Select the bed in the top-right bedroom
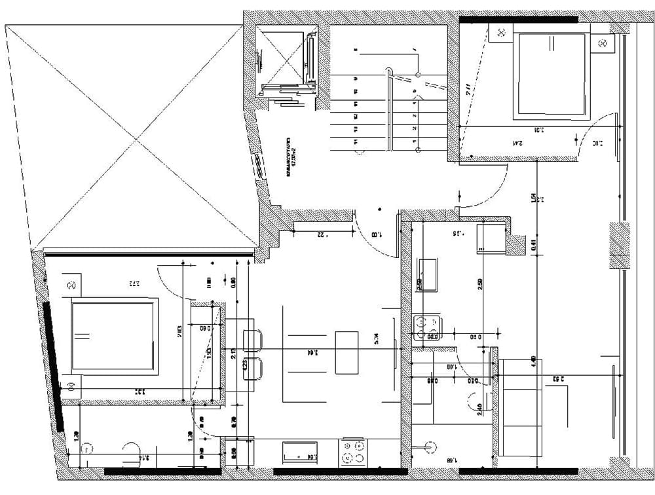551,75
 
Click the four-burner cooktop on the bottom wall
353,452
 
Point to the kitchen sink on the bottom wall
300,450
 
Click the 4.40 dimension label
534,361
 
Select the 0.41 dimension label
534,246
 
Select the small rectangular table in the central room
346,353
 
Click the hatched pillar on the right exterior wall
619,245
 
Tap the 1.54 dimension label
534,196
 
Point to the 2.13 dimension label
234,354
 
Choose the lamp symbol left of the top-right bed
502,31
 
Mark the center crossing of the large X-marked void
136,139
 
